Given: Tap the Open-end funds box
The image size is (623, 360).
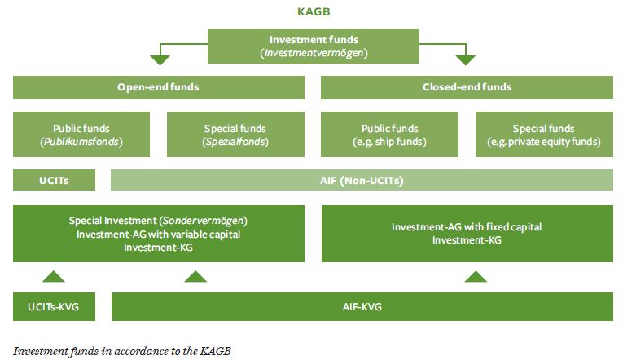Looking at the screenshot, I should point(159,87).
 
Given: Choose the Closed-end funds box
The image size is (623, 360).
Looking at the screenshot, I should point(467,87).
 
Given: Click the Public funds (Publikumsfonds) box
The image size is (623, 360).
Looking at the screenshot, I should point(81,135).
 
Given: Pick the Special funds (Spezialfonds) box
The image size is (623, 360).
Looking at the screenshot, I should point(235,135).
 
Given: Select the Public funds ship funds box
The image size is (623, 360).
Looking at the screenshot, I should point(389,135).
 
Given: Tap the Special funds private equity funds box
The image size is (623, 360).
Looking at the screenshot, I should point(543,135).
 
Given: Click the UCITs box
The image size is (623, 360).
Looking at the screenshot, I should point(54,180).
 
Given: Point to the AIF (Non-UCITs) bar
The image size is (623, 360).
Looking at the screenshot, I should point(362,180).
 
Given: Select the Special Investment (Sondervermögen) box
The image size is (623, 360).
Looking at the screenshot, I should point(159,234).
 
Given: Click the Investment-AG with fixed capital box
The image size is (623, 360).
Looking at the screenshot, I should point(467,234).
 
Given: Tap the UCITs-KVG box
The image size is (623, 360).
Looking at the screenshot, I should point(54,306).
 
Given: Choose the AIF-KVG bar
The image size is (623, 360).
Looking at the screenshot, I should point(362,306).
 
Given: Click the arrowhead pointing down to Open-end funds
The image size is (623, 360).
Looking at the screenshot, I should point(160,59).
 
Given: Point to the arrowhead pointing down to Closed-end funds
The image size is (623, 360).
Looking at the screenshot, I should point(465,59).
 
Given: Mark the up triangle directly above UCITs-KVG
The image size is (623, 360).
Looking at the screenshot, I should point(53,277).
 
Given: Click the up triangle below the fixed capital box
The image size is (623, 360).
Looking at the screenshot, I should point(475,277).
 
